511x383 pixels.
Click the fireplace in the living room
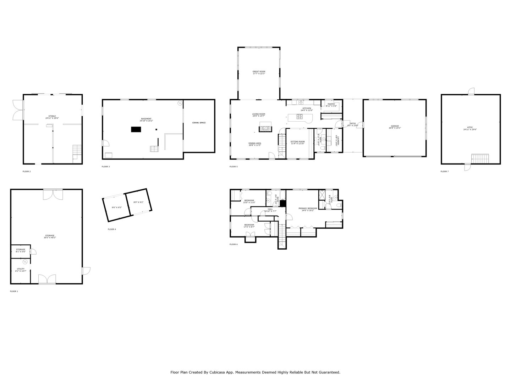[265, 127]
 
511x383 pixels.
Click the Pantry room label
[331, 104]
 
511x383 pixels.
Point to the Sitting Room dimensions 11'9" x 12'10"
[298, 144]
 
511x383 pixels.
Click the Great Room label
[259, 72]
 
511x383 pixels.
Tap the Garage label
[395, 126]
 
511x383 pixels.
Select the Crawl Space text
[199, 123]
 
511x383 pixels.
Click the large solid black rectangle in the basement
[136, 129]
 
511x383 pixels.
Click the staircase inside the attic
[480, 158]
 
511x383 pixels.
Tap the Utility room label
[21, 269]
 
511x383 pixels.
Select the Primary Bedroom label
[307, 208]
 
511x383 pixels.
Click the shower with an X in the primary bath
[323, 194]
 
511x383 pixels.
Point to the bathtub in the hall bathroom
[236, 195]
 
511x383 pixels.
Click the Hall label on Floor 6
[270, 209]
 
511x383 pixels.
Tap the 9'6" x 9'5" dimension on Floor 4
[116, 207]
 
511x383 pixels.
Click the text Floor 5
[233, 166]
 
